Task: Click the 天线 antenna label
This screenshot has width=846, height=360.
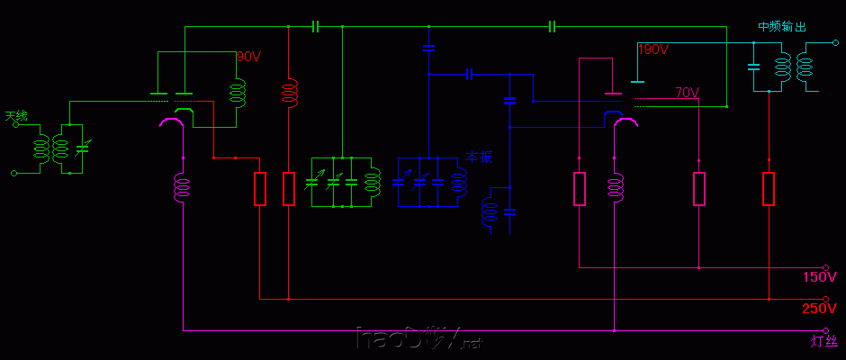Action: [17, 116]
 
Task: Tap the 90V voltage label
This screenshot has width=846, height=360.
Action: [248, 56]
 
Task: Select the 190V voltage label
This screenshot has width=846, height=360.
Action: [652, 49]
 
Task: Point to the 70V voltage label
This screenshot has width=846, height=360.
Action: [687, 93]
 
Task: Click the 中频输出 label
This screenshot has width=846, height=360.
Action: [781, 27]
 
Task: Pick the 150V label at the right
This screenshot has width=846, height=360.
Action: [819, 276]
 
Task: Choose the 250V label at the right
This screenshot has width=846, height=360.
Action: [819, 309]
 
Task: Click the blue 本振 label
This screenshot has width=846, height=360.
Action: [480, 157]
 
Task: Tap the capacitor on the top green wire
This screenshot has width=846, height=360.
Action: [315, 27]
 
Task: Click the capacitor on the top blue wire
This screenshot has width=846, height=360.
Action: [553, 27]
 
